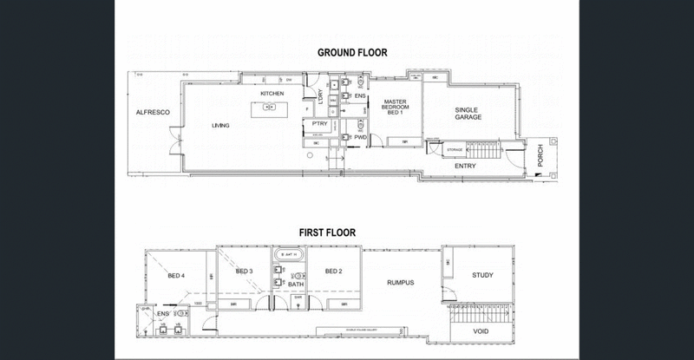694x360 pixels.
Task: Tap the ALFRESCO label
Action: coord(151,114)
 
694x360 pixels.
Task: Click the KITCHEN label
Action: coord(273,93)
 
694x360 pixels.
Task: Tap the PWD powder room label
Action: coord(360,137)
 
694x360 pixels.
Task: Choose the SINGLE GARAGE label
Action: coord(468,113)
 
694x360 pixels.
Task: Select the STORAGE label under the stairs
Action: coord(455,150)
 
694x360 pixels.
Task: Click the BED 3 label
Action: coord(244,271)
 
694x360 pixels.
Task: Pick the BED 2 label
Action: coord(334,271)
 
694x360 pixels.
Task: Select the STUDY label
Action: coord(481,276)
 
